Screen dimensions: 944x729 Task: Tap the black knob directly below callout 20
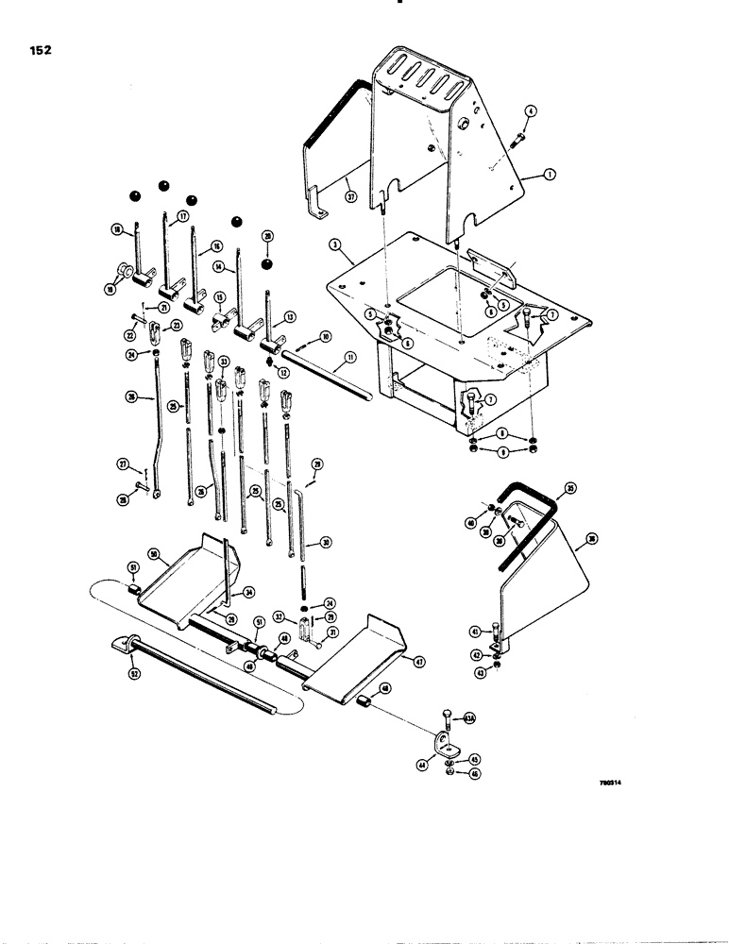267,264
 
